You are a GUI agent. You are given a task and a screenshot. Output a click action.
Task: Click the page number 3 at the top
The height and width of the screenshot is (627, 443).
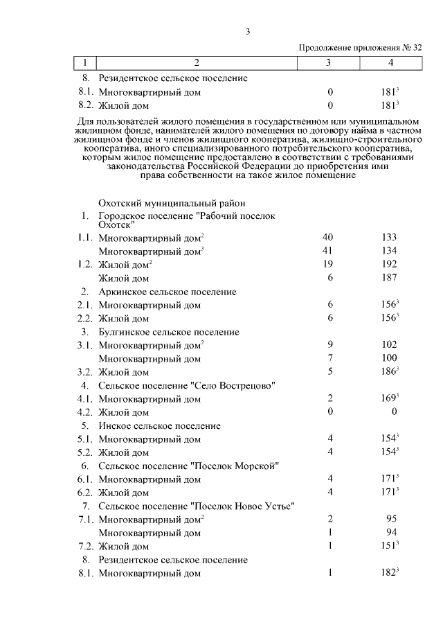click(247, 31)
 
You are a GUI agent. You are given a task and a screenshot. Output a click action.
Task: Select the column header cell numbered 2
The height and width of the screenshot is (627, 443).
click(197, 63)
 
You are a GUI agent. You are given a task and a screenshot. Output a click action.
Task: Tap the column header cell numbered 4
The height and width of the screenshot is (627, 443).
click(390, 63)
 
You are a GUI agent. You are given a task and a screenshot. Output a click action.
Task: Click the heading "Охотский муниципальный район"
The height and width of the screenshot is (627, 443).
click(172, 203)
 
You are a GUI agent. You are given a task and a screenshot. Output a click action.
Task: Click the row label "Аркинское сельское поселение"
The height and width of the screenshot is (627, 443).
click(167, 292)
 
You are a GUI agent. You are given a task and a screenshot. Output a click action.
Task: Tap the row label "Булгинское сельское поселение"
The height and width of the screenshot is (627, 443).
click(169, 332)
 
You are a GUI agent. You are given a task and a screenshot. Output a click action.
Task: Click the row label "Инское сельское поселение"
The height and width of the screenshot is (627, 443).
click(159, 425)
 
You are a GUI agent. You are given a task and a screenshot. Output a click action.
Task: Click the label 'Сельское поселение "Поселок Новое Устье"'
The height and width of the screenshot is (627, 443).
click(197, 506)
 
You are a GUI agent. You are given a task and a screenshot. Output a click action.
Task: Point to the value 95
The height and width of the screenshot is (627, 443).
click(389, 519)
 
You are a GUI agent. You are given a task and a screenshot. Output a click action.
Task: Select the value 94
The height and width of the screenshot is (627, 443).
click(389, 533)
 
